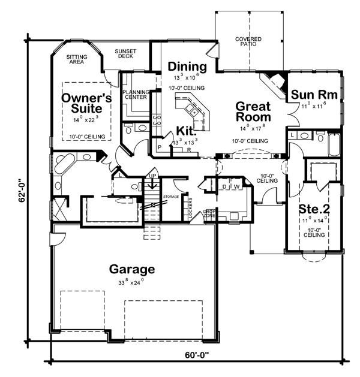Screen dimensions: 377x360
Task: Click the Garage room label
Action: [x=131, y=269]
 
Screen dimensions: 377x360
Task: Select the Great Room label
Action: [x=253, y=112]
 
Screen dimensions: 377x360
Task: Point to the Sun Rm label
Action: [x=313, y=95]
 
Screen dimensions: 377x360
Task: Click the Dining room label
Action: [x=187, y=66]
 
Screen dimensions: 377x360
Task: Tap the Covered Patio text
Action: [x=248, y=41]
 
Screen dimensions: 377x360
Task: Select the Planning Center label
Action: [x=136, y=95]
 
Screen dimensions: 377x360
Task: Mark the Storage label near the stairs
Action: [x=172, y=196]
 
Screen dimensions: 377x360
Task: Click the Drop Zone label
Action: [x=209, y=213]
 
